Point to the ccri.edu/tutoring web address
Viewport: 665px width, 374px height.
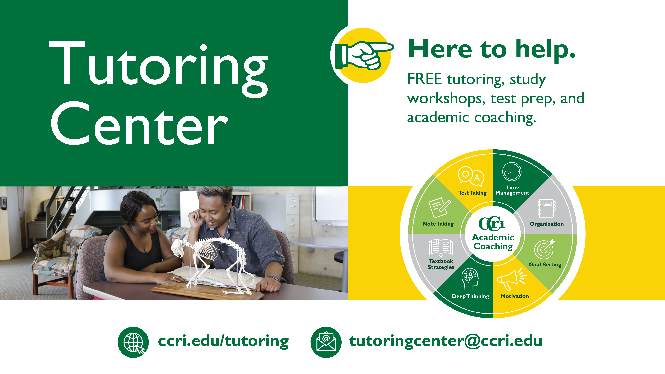223,341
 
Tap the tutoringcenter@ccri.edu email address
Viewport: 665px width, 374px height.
446,341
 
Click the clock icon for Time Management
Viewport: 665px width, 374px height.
512,171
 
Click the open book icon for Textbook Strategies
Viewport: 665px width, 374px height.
441,247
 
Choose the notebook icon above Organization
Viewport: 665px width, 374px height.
546,209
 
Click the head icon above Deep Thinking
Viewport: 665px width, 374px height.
470,279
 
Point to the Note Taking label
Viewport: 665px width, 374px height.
438,224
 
